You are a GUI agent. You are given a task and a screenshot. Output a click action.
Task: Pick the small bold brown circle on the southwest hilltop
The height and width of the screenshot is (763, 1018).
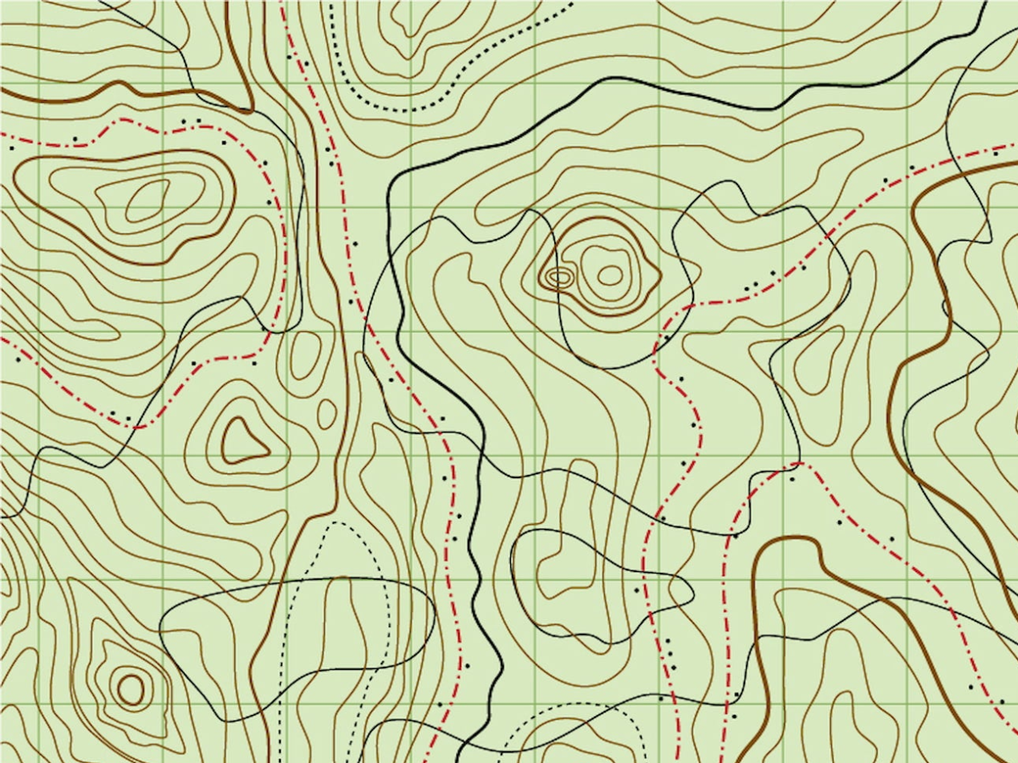click(131, 688)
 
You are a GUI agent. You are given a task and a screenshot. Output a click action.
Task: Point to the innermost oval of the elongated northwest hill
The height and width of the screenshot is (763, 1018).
click(148, 198)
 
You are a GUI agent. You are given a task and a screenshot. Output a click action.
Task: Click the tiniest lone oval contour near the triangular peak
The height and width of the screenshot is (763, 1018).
click(326, 413)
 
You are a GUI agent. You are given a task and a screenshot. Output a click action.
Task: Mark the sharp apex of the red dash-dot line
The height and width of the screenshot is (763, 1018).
click(798, 463)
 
